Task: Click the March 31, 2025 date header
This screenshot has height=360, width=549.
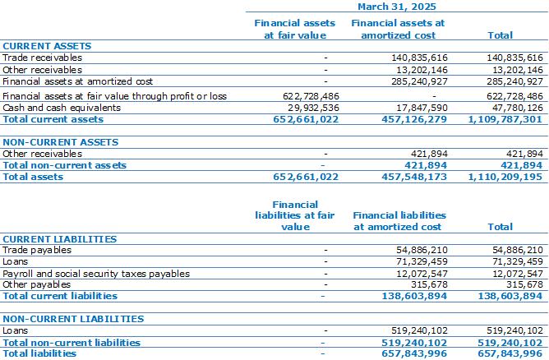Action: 397,7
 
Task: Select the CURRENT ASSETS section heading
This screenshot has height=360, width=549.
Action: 47,46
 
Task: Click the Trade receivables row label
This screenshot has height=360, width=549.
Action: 43,58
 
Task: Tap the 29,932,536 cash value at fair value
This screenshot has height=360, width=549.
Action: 313,108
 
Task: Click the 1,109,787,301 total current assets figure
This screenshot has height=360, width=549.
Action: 505,119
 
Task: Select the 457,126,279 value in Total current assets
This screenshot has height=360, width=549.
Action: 414,119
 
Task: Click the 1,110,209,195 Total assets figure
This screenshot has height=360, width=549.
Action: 505,177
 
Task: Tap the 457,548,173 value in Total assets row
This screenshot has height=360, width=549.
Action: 414,177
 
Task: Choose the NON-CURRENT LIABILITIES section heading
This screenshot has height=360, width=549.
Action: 73,319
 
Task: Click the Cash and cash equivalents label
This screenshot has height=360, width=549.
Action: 62,108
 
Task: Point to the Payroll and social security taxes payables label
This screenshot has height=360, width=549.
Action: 96,274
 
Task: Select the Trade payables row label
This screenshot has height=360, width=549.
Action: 37,250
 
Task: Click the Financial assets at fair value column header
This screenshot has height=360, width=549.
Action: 295,29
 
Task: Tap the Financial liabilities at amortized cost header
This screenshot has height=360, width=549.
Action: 399,221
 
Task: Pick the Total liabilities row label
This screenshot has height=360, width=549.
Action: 39,353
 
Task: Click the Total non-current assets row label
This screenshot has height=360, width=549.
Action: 64,165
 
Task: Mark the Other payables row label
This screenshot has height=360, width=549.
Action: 36,284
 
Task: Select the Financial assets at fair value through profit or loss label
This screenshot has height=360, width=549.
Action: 114,96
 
